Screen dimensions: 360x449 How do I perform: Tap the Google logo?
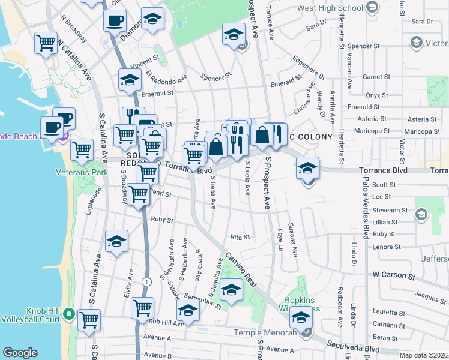(20, 353)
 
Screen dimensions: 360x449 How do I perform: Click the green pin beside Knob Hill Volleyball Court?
(70, 314)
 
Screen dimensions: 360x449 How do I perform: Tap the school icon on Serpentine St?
(188, 311)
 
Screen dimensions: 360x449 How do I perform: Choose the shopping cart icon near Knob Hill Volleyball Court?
(89, 321)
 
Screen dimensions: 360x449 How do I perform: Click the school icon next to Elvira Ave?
(116, 242)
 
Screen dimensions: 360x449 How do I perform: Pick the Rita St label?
(240, 237)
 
